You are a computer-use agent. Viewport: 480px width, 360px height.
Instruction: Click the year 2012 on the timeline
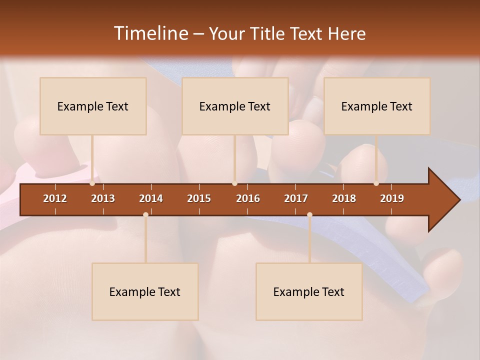coord(55,198)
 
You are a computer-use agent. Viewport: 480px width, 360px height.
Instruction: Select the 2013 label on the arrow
coord(103,198)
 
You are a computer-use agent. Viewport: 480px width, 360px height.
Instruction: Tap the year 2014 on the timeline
coord(151,198)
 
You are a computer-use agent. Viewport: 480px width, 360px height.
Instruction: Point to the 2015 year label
coord(199,198)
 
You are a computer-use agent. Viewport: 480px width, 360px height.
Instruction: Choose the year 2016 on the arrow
coord(248,198)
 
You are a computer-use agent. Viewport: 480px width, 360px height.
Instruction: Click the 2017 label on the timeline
coord(296,198)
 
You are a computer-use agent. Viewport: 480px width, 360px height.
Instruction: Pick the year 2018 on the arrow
coord(344,198)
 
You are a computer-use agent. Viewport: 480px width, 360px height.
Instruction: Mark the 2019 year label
coord(392,198)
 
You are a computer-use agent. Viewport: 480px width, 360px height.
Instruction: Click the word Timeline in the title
coord(150,33)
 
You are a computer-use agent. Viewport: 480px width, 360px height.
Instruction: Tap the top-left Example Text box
coord(93,106)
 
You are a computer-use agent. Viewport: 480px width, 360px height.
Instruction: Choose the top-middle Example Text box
coord(235,106)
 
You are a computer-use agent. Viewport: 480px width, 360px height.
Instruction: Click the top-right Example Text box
coord(377,106)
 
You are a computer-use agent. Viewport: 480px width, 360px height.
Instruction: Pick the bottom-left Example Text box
coord(145,291)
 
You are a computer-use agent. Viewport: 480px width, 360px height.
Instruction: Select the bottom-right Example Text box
coord(309,291)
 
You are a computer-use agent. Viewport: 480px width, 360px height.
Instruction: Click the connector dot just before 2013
coord(92,183)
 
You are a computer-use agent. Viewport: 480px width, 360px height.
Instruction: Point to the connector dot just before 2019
coord(376,183)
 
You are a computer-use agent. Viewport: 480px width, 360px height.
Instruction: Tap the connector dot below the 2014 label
coord(145,214)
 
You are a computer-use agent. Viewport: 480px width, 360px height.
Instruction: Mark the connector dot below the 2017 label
coord(309,214)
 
